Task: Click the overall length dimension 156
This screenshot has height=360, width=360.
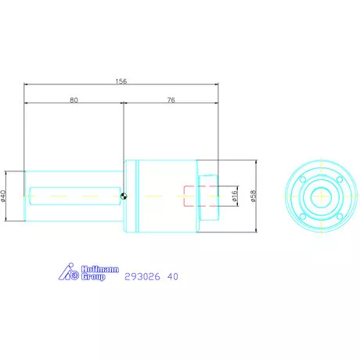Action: pyautogui.click(x=121, y=81)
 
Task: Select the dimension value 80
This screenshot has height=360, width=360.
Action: pyautogui.click(x=74, y=100)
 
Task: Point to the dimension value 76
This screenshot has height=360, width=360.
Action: pyautogui.click(x=172, y=100)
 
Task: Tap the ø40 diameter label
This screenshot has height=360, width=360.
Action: pyautogui.click(x=4, y=195)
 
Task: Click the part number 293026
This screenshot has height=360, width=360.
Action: pyautogui.click(x=140, y=276)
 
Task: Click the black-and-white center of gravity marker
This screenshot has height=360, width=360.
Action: pyautogui.click(x=124, y=196)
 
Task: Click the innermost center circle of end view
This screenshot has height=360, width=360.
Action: pyautogui.click(x=321, y=196)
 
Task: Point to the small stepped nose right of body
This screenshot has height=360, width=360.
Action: pyautogui.click(x=207, y=196)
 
